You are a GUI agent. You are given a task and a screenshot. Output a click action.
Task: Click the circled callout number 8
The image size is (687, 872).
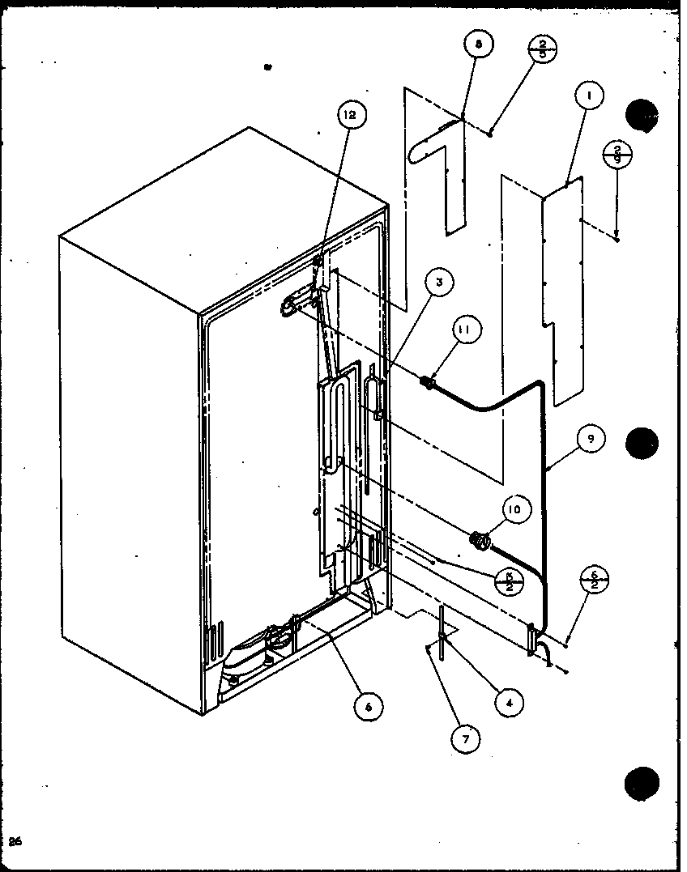click(478, 46)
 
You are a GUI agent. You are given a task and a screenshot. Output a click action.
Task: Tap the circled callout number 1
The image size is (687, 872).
click(590, 96)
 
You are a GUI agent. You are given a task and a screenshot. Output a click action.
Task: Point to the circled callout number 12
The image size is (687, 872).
click(350, 116)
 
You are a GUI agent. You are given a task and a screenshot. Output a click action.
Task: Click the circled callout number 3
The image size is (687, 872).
click(439, 283)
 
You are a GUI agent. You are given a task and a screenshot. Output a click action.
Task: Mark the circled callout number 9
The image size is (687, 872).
click(591, 438)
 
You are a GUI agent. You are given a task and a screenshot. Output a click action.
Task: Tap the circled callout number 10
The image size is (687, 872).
click(515, 508)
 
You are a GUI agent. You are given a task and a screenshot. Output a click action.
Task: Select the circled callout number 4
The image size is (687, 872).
click(509, 703)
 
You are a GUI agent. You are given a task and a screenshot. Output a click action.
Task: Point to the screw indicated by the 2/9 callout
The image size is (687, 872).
click(617, 238)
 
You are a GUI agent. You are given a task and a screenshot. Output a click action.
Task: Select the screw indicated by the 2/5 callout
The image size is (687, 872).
click(492, 132)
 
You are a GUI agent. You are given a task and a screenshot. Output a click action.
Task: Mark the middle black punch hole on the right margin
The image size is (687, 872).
click(642, 442)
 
